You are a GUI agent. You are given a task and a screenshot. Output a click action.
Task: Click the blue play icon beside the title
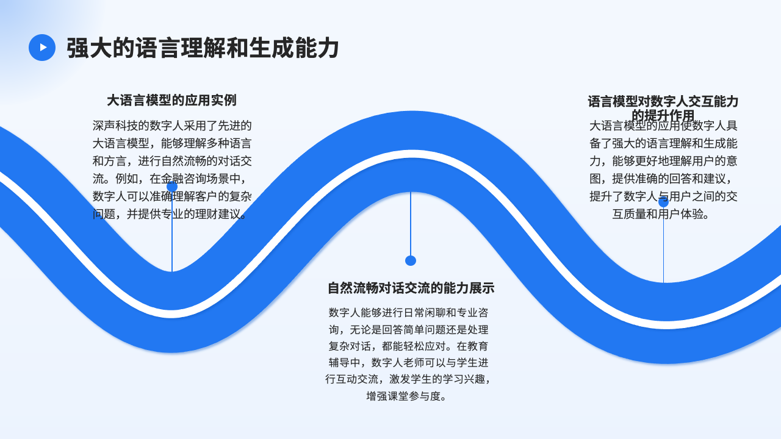coord(42,48)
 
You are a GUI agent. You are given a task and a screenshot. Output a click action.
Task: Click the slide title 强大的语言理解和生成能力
coord(203,48)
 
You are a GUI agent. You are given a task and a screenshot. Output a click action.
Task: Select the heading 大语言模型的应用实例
coord(171,100)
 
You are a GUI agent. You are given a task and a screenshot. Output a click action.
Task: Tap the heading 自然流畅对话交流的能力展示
coord(411,288)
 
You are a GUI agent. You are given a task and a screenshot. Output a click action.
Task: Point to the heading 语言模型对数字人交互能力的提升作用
coord(663,108)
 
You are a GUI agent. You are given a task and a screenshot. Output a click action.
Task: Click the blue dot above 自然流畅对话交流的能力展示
coord(411,260)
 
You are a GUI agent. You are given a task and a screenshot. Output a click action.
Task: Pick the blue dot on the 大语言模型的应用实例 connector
coord(172,187)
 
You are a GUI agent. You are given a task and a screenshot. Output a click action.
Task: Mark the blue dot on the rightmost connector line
coord(664,202)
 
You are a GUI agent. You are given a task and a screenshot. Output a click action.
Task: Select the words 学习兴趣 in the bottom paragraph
coord(451,379)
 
